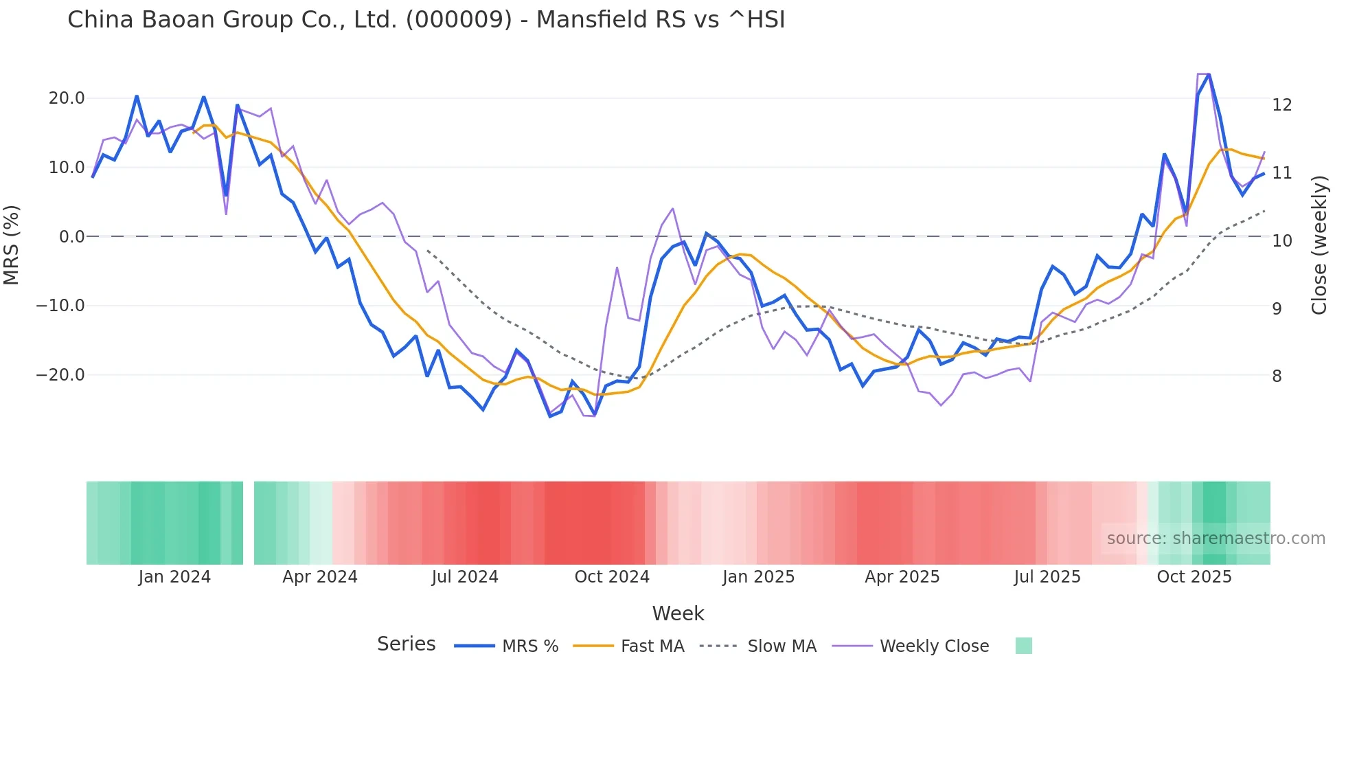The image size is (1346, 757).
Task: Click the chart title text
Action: pyautogui.click(x=426, y=20)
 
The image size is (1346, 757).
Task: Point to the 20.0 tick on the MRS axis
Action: pyautogui.click(x=67, y=98)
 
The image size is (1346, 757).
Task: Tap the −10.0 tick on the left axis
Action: pyautogui.click(x=60, y=306)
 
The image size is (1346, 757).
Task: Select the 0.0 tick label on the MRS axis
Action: pyautogui.click(x=71, y=237)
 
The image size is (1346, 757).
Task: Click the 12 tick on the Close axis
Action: pyautogui.click(x=1281, y=105)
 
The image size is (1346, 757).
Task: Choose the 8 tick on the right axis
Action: pyautogui.click(x=1277, y=376)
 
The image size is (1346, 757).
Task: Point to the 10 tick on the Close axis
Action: pyautogui.click(x=1281, y=241)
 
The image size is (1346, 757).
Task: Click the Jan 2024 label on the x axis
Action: pyautogui.click(x=174, y=577)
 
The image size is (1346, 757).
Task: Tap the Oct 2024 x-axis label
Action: pyautogui.click(x=612, y=577)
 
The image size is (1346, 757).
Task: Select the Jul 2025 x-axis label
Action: pyautogui.click(x=1047, y=577)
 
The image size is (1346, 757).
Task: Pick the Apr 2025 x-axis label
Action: pyautogui.click(x=902, y=577)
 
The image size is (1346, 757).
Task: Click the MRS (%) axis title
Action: pyautogui.click(x=12, y=245)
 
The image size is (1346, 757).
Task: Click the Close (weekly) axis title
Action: pyautogui.click(x=1319, y=245)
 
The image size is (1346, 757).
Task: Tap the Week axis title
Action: pyautogui.click(x=678, y=613)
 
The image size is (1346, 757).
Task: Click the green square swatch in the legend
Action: pyautogui.click(x=1023, y=646)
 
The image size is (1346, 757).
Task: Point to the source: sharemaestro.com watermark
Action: pyautogui.click(x=1216, y=539)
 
